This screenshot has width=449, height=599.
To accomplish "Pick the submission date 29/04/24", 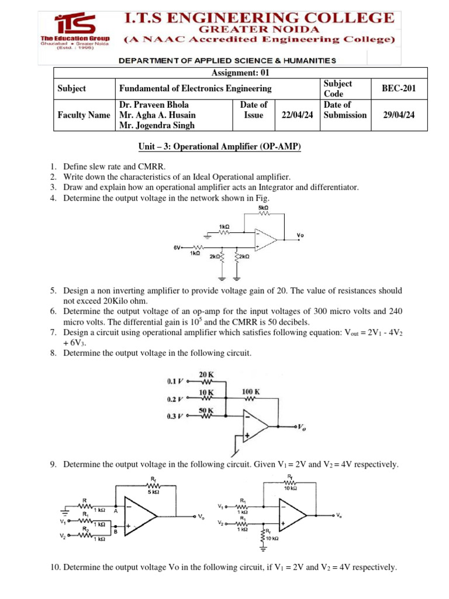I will (398, 115).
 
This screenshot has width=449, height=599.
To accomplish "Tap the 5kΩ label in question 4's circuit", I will (263, 208).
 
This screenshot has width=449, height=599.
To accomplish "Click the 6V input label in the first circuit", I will (178, 248).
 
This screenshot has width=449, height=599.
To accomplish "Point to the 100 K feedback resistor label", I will (251, 391).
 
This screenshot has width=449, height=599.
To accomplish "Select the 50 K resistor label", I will (206, 410).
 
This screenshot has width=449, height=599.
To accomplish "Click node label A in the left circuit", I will (116, 510).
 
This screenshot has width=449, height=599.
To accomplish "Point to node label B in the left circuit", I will (116, 532).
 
